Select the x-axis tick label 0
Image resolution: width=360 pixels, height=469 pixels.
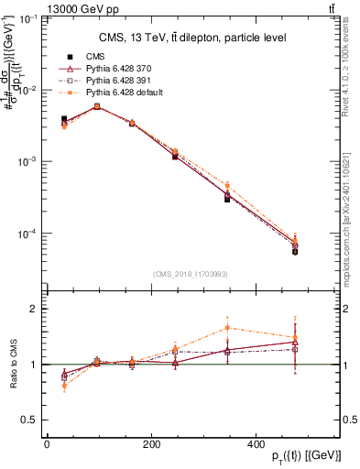coord(47,444)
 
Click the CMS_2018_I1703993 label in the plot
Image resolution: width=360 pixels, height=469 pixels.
coord(191,273)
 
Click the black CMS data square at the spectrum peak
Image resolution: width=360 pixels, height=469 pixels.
coord(97,106)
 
